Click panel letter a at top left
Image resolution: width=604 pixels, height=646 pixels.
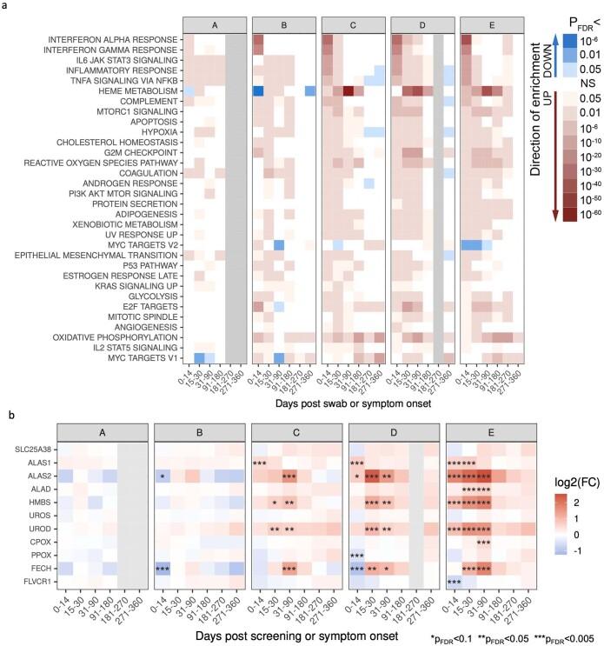click(x=7, y=7)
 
